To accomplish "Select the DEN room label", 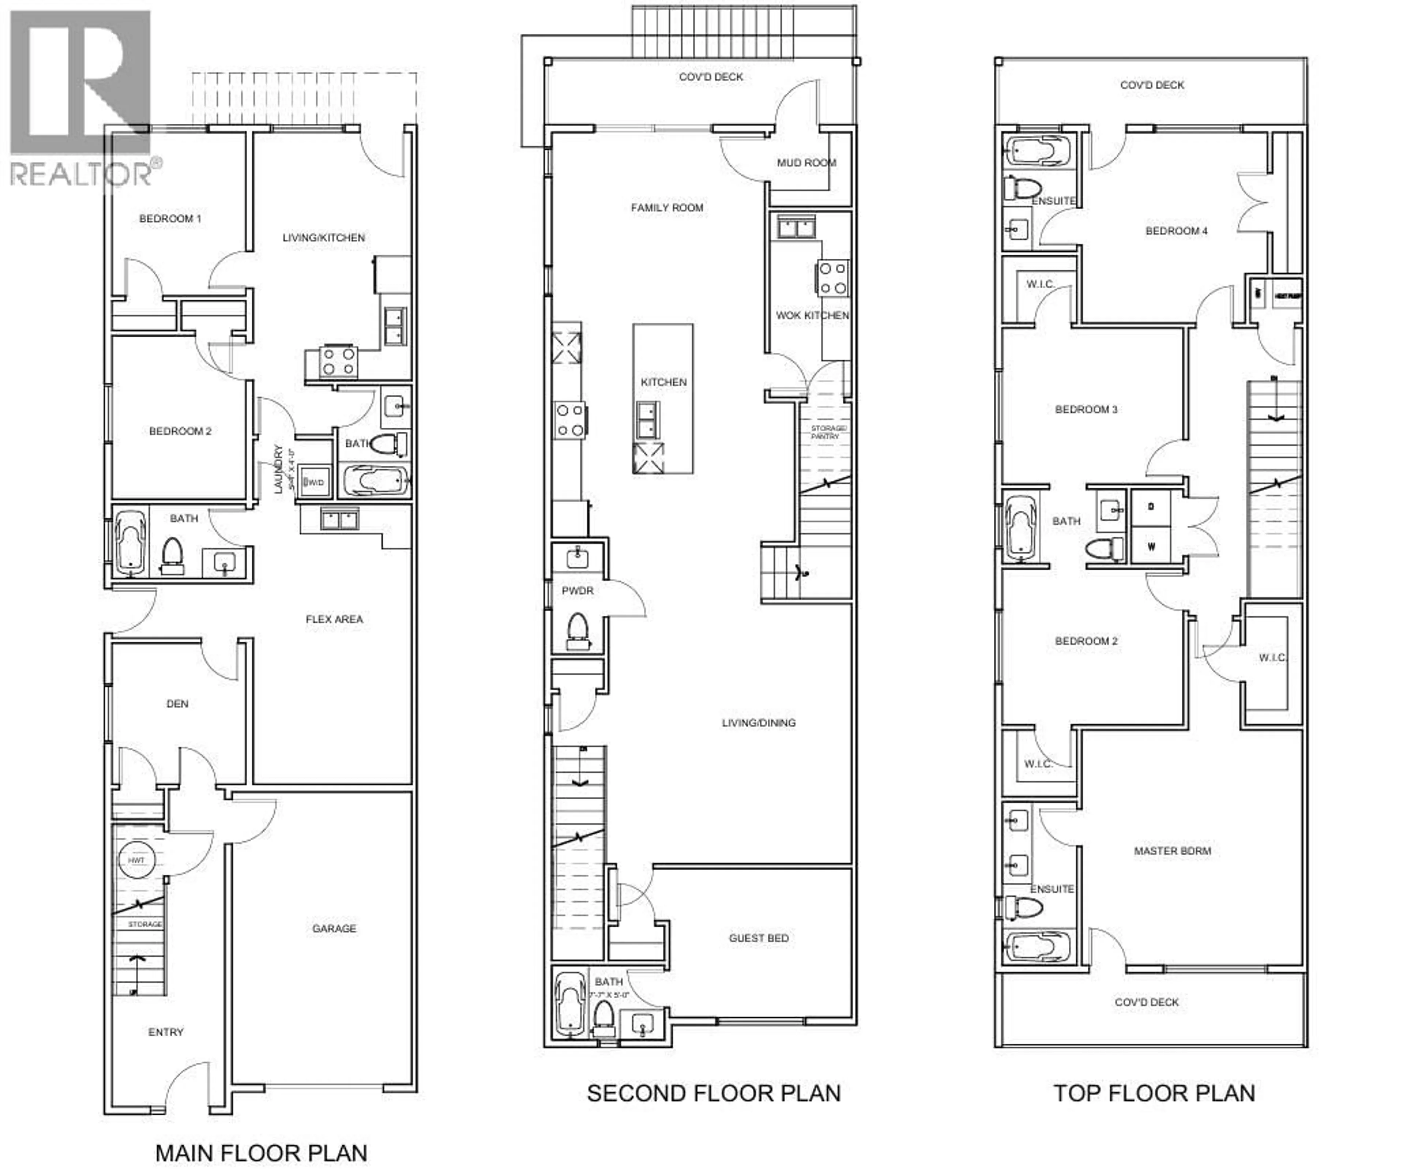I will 177,704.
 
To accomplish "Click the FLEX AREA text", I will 334,619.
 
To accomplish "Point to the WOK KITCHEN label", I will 812,315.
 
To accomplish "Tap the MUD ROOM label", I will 806,162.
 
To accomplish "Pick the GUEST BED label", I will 758,938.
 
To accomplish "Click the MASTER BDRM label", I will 1172,851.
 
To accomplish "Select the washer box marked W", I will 1151,547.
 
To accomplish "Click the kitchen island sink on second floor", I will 647,420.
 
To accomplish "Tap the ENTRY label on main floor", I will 165,1032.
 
